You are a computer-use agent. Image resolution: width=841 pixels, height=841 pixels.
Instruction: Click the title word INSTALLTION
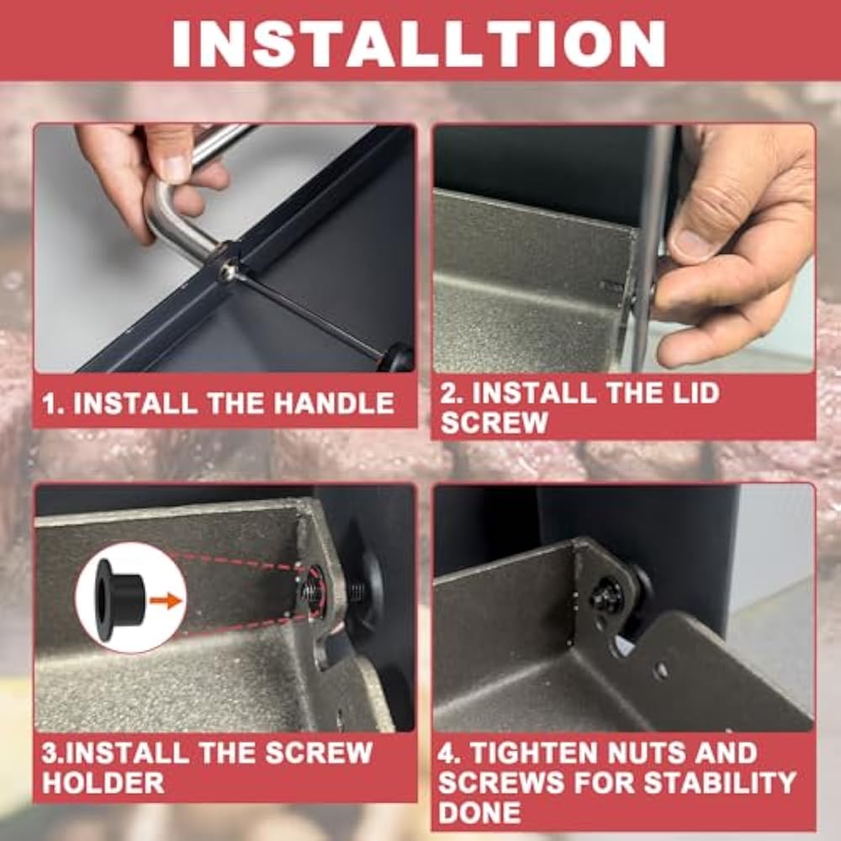tap(419, 44)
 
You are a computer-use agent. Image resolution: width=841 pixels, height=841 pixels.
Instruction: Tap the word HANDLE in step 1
tap(334, 404)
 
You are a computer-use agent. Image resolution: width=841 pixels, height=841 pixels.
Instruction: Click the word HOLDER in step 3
tap(103, 782)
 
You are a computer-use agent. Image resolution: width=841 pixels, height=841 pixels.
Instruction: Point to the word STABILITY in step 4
tap(720, 782)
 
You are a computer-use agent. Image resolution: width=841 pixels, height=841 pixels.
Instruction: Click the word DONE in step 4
tap(479, 812)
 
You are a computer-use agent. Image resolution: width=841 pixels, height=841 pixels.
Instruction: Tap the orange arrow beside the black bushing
tap(166, 600)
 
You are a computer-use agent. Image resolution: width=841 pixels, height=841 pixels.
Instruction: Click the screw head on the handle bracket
tap(228, 272)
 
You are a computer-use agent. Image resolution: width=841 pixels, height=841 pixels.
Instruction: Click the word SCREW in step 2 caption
tap(494, 423)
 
